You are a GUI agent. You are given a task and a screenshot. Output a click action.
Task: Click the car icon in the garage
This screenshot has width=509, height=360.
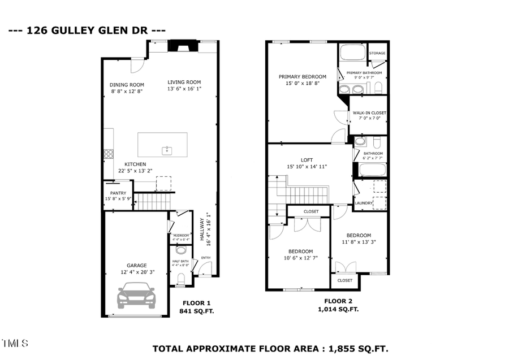point(136,296)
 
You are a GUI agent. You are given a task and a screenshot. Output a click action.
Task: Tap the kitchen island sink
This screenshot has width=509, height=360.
point(167,150)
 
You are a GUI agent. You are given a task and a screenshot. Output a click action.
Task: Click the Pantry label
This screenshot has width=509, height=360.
point(118,193)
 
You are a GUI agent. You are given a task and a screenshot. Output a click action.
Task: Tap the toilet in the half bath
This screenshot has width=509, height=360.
point(181,278)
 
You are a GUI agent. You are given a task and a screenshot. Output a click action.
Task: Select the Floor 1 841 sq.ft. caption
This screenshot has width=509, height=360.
point(196,306)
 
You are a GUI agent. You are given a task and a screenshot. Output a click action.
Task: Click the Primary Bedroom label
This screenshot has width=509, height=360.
point(303,76)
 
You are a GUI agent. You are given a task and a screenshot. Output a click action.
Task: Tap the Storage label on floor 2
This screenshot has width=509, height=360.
point(377,53)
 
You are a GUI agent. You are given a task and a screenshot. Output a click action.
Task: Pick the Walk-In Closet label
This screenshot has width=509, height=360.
point(369,113)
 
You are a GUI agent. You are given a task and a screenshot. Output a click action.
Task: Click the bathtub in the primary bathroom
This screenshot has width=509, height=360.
point(353,55)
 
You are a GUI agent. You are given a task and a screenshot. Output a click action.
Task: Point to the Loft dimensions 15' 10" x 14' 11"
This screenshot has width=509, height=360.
point(307,166)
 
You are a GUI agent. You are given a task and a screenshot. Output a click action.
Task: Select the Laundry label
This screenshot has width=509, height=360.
point(363,203)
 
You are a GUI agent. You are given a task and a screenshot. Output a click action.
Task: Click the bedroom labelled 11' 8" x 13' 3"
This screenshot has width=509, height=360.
point(359,238)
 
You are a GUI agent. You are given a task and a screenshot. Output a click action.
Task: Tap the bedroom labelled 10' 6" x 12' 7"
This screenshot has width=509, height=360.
point(300,255)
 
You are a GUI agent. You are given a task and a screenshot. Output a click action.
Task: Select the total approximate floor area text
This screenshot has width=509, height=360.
point(271,348)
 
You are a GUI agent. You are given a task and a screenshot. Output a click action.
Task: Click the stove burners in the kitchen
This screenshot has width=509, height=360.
point(107,153)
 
